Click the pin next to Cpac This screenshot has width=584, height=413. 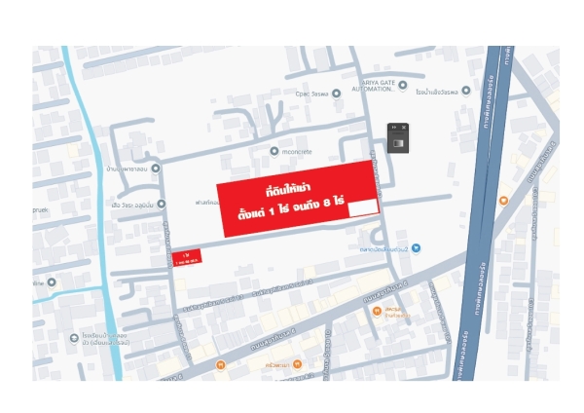[x=336, y=94]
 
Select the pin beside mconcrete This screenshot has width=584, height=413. [x=274, y=151]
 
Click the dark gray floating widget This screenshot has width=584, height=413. [x=398, y=137]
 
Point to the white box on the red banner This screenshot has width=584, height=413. [x=363, y=206]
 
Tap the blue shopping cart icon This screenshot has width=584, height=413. [x=416, y=248]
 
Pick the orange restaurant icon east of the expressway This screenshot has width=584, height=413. [x=503, y=200]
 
